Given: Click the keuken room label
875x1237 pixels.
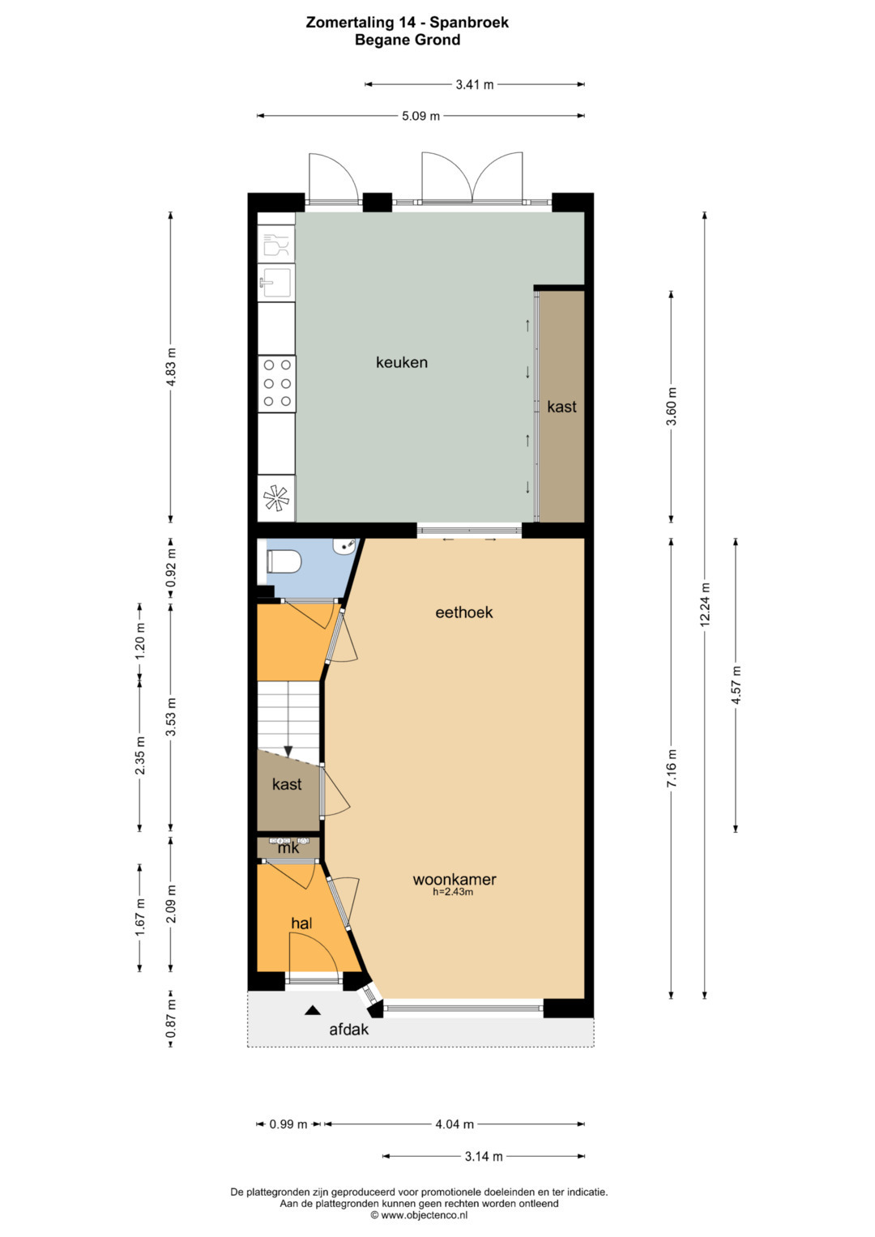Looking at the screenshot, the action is [402, 362].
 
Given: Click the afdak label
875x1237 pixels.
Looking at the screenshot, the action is [349, 1030].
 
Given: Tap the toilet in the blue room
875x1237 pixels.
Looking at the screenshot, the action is [284, 561].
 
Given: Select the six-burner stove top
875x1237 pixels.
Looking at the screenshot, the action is [277, 383].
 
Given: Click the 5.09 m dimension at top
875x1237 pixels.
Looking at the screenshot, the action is [421, 116].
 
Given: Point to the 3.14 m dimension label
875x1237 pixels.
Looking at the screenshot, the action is [484, 1156].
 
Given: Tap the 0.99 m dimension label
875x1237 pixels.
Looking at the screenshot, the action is [288, 1124].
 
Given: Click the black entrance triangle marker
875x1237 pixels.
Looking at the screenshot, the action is [313, 1010].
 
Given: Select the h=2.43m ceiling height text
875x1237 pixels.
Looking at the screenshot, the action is [453, 892].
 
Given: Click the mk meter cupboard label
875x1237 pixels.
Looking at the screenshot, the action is [288, 848].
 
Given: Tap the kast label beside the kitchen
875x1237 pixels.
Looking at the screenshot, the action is [561, 407].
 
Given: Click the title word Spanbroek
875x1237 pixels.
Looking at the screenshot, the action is [469, 22].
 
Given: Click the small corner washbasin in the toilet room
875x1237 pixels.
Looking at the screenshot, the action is [345, 546].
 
